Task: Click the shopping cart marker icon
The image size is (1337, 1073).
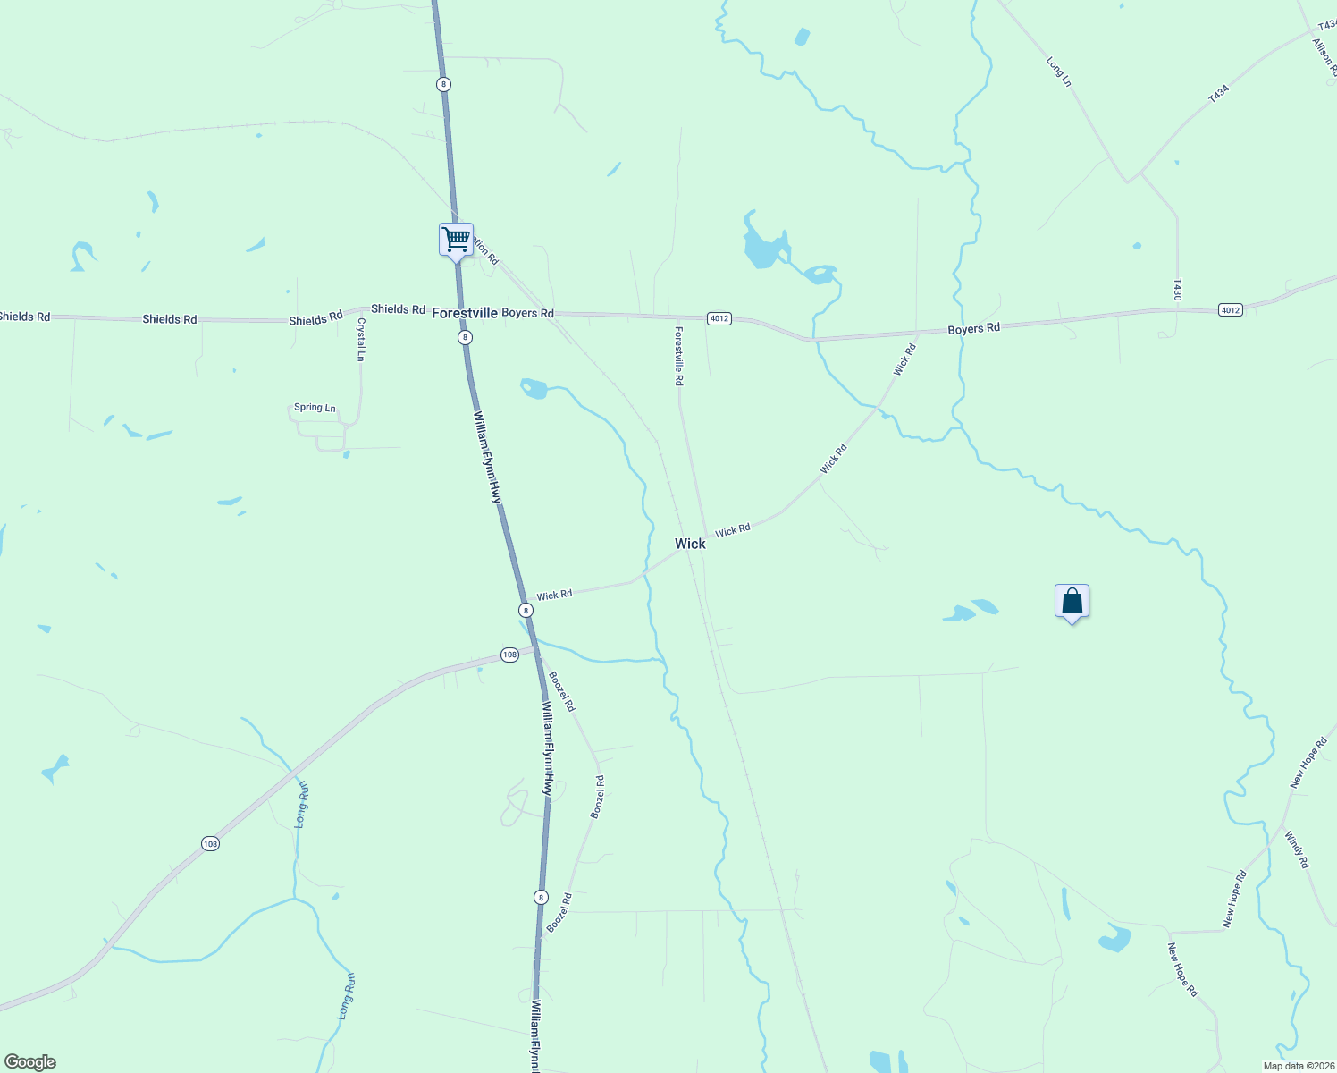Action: [x=456, y=240]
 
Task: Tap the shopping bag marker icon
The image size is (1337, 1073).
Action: [x=1072, y=602]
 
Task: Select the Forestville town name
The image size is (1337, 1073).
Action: [x=464, y=313]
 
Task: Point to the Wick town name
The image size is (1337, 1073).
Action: [x=690, y=544]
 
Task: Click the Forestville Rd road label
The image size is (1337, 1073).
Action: [x=679, y=356]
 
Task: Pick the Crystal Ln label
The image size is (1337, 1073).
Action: [x=361, y=339]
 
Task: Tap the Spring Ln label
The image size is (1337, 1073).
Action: [x=315, y=408]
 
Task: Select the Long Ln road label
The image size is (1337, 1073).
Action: [x=1058, y=72]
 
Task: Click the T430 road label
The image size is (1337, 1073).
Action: [x=1178, y=289]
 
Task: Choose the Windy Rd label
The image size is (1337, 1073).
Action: [x=1297, y=849]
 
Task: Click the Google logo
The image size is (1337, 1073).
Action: [x=30, y=1062]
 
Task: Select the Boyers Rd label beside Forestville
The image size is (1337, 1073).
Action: [x=527, y=313]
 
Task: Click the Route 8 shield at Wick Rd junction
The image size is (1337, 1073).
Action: [x=526, y=610]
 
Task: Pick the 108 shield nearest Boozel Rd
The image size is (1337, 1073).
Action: [x=509, y=655]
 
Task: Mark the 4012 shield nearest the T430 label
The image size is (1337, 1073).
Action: [x=1230, y=309]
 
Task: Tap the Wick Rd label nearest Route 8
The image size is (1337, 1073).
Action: [x=554, y=595]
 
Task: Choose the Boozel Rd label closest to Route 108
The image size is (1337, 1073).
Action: [x=561, y=691]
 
